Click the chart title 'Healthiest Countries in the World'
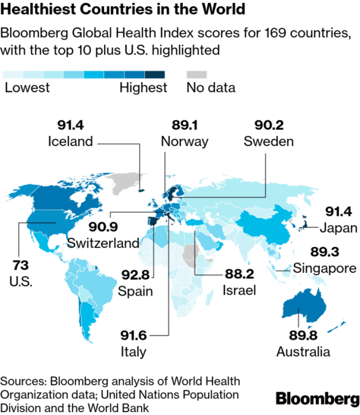[x=123, y=10]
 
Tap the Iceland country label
[x=71, y=142]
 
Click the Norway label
[x=184, y=142]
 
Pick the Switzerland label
[x=103, y=242]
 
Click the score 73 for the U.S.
[x=22, y=266]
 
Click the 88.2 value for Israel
[x=239, y=275]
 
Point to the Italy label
[x=133, y=352]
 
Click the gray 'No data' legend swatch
[x=196, y=75]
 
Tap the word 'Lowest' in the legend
[x=26, y=87]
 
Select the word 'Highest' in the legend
[x=143, y=87]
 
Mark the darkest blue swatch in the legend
[x=155, y=75]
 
